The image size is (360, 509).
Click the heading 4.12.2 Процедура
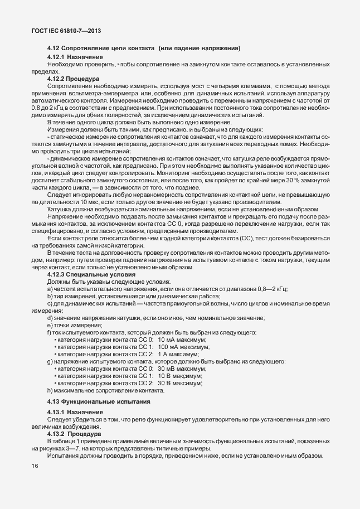[73, 79]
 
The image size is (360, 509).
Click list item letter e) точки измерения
[50, 325]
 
